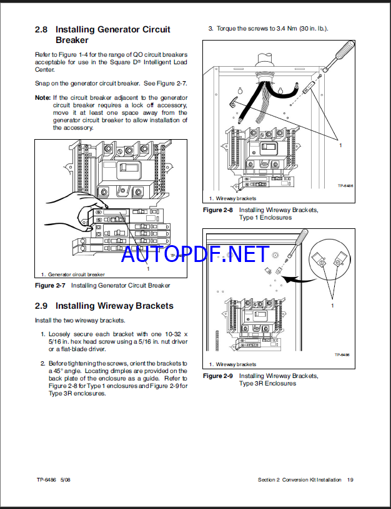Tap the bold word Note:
click(x=42, y=98)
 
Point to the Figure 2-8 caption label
click(x=218, y=210)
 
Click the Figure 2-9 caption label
click(x=218, y=376)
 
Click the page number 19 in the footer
click(x=350, y=480)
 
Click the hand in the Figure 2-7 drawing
click(x=69, y=206)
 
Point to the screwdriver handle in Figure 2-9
click(x=301, y=239)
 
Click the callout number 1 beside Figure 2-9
click(x=332, y=306)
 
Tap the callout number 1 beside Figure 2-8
click(x=340, y=144)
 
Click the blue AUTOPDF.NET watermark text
click(x=195, y=254)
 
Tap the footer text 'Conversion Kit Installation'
click(x=312, y=480)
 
